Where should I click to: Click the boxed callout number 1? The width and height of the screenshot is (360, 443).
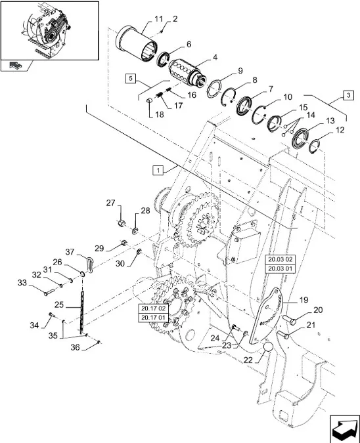point(158,171)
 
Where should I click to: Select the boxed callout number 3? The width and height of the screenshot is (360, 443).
point(348,96)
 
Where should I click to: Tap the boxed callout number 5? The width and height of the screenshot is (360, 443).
point(130,78)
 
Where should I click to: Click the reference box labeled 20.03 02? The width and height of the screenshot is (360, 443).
point(280,259)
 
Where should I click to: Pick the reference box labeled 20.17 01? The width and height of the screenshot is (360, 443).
point(153,318)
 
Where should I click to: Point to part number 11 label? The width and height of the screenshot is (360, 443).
point(159,19)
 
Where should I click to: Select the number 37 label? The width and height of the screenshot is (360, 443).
point(70,252)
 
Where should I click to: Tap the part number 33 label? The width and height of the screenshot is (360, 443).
point(22,282)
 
